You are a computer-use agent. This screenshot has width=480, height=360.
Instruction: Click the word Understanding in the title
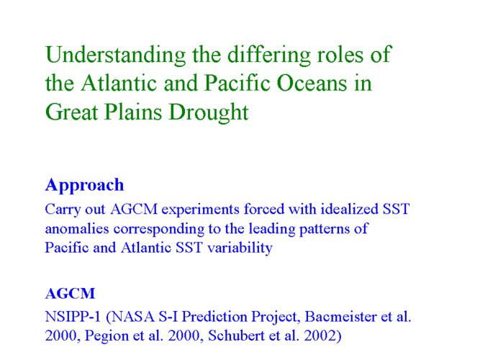point(115,55)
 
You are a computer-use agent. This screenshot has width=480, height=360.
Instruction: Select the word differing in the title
point(269,55)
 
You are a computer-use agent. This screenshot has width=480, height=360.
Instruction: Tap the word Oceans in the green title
point(312,83)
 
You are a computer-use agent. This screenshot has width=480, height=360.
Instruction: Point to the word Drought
point(209,112)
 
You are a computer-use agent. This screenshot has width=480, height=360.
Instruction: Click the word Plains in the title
point(133,112)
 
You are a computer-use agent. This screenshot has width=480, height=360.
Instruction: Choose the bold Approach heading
point(84,186)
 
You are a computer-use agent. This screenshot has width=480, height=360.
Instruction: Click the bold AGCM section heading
point(70,294)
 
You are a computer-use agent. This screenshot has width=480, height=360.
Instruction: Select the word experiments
point(201,210)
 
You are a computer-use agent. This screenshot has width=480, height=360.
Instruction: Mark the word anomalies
point(77,228)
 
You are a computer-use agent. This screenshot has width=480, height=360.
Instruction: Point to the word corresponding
point(159,230)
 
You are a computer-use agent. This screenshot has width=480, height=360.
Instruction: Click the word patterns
point(324,230)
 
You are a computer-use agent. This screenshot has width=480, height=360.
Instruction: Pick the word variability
point(240,248)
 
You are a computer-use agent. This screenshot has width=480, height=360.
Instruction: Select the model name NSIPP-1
point(73,317)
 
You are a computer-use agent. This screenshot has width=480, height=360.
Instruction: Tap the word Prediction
point(214,317)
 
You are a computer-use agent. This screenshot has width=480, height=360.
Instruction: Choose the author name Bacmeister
point(340,317)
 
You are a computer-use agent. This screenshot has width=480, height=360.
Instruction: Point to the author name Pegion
point(107,336)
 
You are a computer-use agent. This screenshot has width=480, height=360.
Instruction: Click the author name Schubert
point(236,336)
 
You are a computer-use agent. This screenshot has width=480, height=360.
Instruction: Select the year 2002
point(320,336)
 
